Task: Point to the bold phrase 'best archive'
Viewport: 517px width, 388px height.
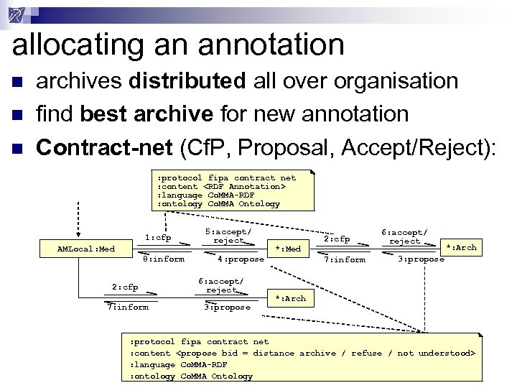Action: point(146,114)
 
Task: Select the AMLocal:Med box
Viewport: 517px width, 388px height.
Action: point(86,249)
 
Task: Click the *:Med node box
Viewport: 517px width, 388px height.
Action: point(288,249)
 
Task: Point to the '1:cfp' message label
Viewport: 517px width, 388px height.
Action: point(158,238)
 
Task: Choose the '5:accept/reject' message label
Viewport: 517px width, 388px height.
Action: point(228,236)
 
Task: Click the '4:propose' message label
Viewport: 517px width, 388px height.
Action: point(241,259)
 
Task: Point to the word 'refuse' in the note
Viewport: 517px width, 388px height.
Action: point(367,353)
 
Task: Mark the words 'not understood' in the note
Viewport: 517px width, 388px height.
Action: point(435,353)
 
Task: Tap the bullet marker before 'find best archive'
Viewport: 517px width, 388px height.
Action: point(17,115)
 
